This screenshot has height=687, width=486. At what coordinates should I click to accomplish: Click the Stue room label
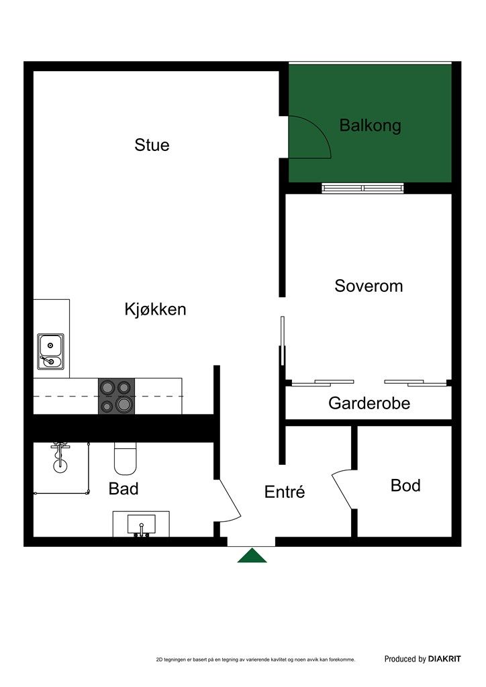point(152,145)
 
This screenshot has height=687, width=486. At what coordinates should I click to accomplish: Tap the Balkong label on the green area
point(370,125)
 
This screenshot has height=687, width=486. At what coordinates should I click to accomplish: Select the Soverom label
point(369,286)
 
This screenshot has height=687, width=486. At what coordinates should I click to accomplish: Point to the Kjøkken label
point(155,309)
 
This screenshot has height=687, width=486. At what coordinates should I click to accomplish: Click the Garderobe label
point(369,403)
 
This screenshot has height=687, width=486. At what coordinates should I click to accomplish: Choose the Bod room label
point(405,485)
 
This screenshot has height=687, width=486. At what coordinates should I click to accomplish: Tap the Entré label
point(285,492)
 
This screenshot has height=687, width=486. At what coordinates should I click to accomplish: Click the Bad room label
point(124,488)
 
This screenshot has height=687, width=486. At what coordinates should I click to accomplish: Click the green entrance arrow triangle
point(252,556)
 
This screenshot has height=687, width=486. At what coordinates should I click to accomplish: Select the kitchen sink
point(50,352)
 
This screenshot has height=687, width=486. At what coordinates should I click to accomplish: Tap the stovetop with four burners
point(116,397)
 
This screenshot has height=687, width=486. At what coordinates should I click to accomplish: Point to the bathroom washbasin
point(141,524)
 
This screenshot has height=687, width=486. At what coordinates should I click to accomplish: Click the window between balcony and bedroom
point(363,188)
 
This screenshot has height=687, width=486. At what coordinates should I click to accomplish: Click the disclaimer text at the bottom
point(255,660)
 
